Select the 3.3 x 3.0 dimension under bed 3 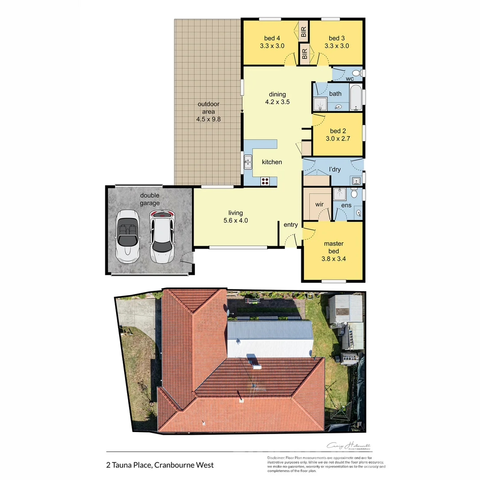(336, 46)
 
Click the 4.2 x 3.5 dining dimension (277, 102)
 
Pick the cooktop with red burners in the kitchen (265, 180)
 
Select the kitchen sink (248, 163)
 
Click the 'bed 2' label (338, 131)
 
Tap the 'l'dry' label (335, 169)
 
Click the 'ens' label (347, 206)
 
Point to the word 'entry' (291, 225)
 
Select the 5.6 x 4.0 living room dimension (236, 220)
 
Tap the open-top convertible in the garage (127, 236)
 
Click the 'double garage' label (150, 199)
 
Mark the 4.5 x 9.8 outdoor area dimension (208, 119)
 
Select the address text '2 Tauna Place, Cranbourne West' (160, 465)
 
